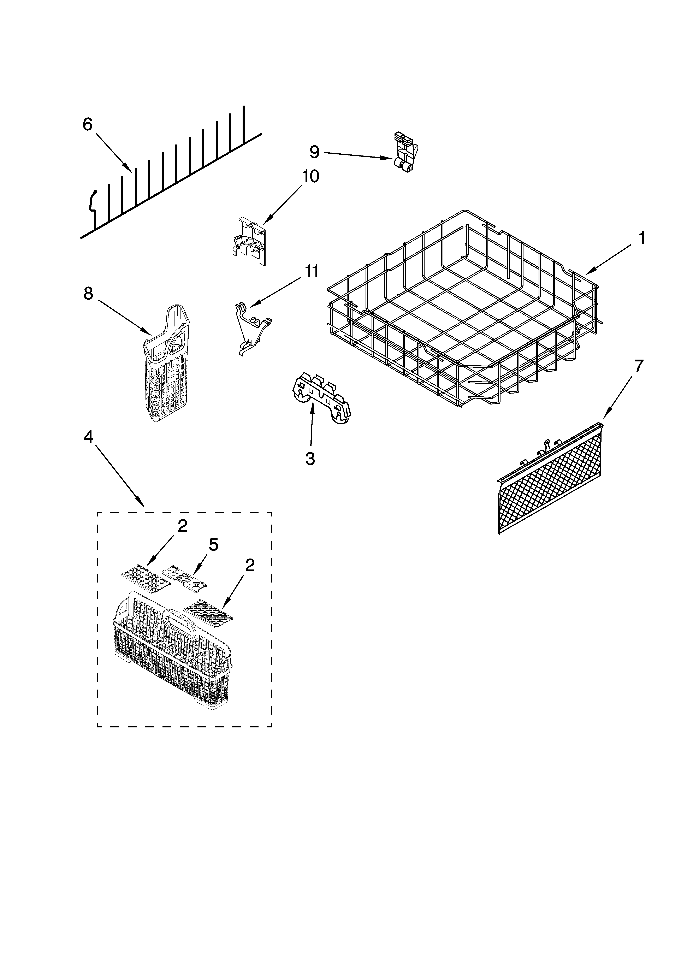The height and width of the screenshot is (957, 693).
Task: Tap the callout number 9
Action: click(x=314, y=152)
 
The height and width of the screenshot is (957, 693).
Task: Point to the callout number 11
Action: click(x=312, y=271)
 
